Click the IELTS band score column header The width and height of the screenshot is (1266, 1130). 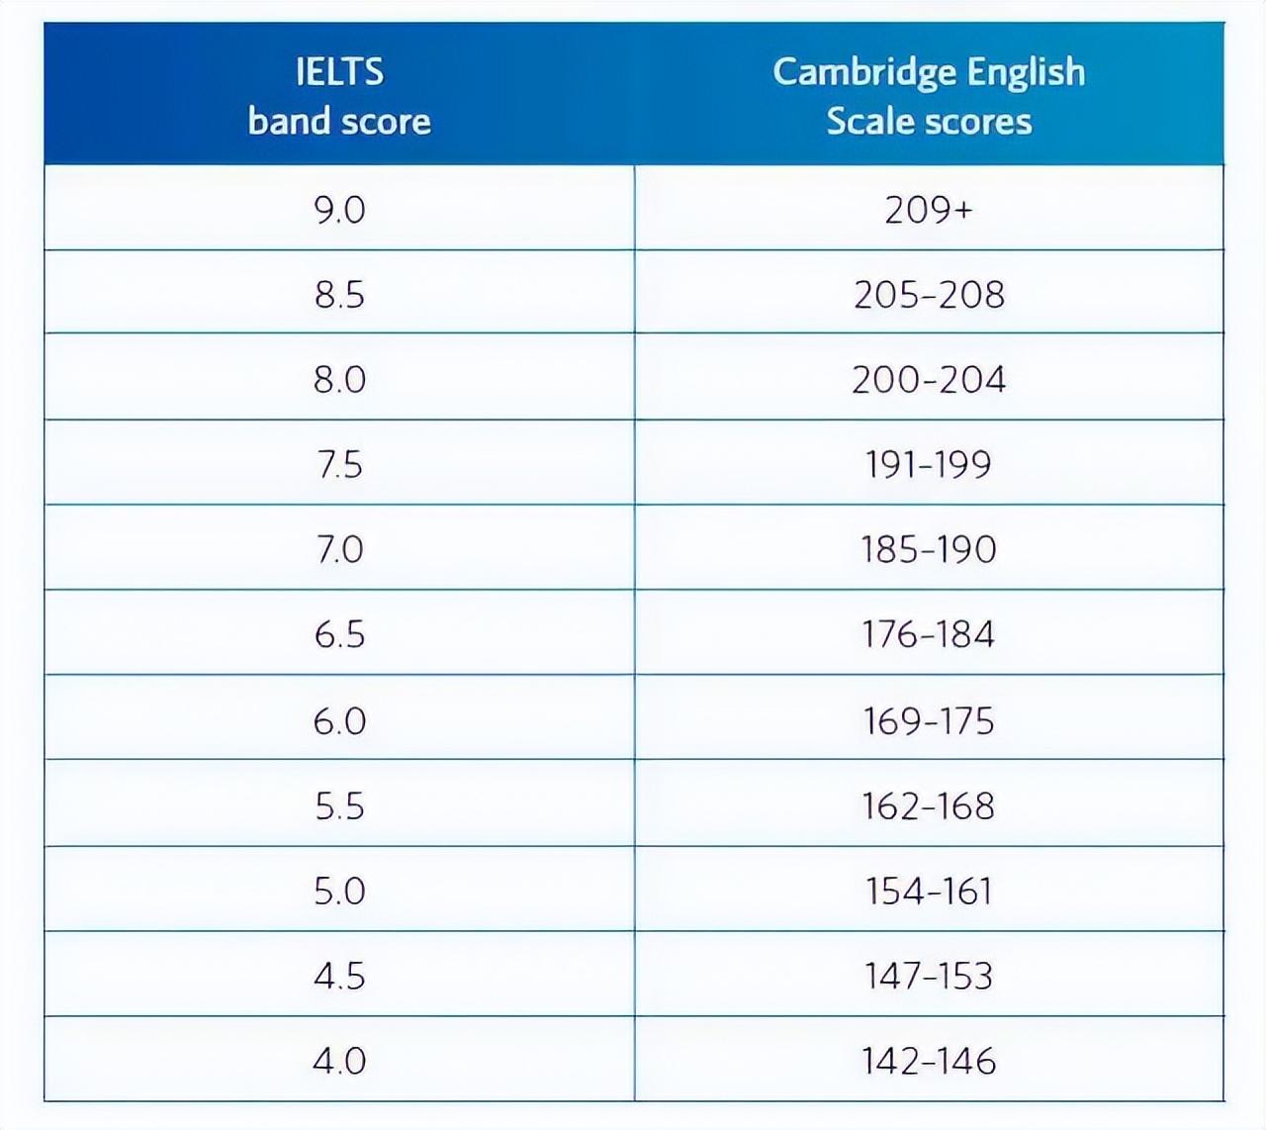[x=339, y=96]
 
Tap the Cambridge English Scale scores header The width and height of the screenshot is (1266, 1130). [x=929, y=96]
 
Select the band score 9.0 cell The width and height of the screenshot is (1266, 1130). [x=339, y=209]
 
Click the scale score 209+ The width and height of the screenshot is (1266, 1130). [x=929, y=209]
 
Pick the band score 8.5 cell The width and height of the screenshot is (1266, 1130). [x=339, y=294]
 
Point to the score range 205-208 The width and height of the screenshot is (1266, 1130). [x=929, y=294]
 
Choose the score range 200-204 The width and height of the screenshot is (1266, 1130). [x=929, y=379]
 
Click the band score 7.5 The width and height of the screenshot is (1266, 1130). [x=339, y=464]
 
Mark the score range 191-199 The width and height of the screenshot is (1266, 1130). [x=929, y=464]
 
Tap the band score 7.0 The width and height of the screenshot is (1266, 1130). [x=339, y=549]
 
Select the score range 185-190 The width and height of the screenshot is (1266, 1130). [x=929, y=549]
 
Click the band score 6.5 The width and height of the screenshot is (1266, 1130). [x=339, y=634]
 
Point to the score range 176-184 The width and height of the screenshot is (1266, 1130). [x=929, y=634]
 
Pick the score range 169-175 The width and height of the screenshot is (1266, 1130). [x=929, y=720]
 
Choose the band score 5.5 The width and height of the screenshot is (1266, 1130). [x=339, y=805]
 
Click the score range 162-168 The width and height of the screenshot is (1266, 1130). [x=929, y=805]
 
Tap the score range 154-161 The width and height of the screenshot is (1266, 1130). [x=929, y=891]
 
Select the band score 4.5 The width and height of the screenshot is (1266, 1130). [x=339, y=976]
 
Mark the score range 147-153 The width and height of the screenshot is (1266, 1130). [x=929, y=976]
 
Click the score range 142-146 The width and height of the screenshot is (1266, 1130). [x=929, y=1061]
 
